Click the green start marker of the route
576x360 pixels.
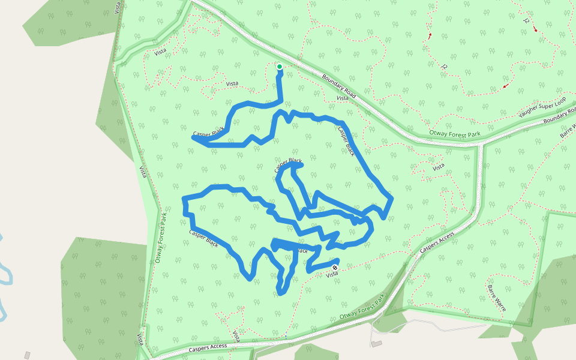[280, 67]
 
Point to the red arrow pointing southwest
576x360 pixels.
[506, 86]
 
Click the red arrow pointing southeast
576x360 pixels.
[535, 29]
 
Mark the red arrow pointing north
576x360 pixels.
[430, 37]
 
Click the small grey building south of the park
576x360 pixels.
[376, 344]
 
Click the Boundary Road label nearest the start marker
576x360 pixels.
[339, 86]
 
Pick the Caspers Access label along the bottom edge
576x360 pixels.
[208, 346]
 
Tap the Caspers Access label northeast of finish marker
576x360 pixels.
[437, 242]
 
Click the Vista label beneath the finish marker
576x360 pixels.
[332, 275]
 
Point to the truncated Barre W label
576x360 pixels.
[568, 130]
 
